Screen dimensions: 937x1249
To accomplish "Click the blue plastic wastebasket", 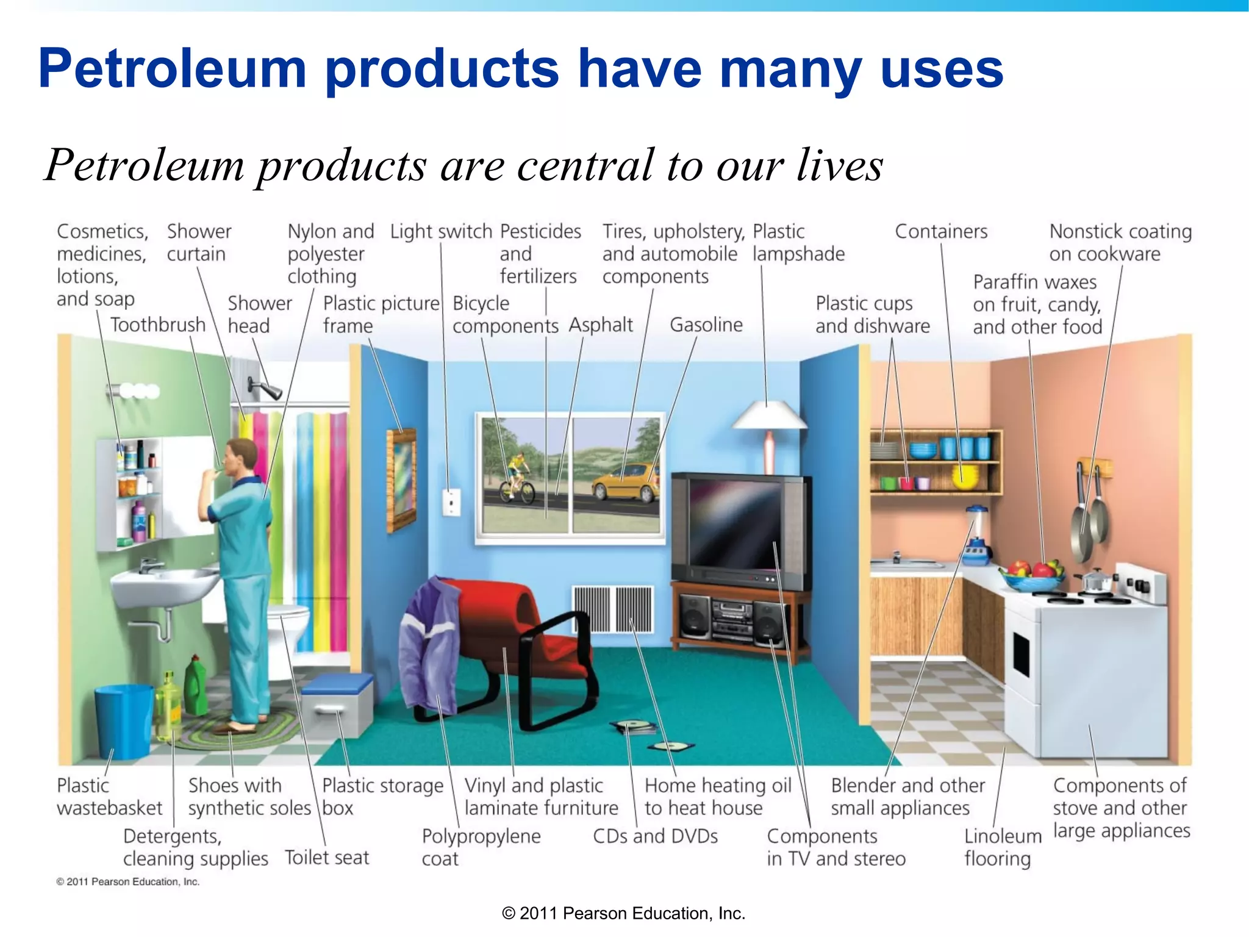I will (x=124, y=720).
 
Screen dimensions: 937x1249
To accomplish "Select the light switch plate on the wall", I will (x=451, y=502).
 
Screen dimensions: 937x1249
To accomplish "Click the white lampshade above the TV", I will (x=769, y=416).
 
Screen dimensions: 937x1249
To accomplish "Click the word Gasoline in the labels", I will (x=706, y=325).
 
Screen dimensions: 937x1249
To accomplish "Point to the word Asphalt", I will (x=601, y=325).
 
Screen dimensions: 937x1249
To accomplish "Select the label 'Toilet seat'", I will (x=327, y=858).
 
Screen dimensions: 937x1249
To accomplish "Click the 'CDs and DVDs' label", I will (x=655, y=836).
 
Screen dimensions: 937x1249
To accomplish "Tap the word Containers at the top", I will (x=941, y=232).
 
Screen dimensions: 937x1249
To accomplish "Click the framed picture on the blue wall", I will (x=402, y=479).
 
